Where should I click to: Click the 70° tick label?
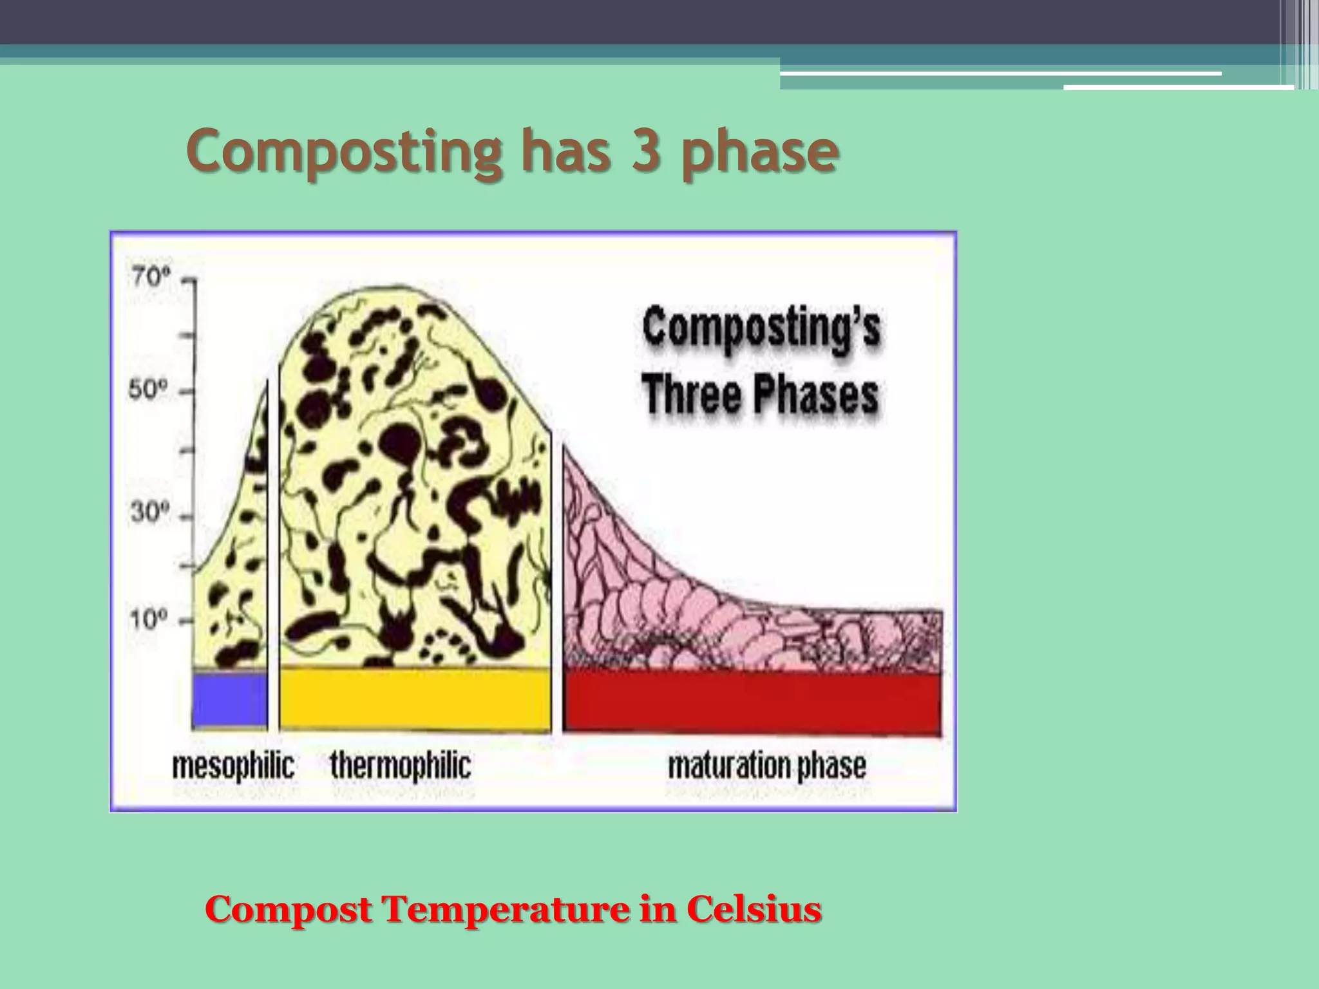pos(151,278)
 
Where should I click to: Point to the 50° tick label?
pos(149,390)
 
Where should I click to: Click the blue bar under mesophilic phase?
pos(230,701)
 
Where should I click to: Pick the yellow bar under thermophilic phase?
pos(415,699)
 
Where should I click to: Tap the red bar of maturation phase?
pos(752,702)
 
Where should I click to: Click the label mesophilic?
pos(233,766)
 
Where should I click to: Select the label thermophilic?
pos(401,766)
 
